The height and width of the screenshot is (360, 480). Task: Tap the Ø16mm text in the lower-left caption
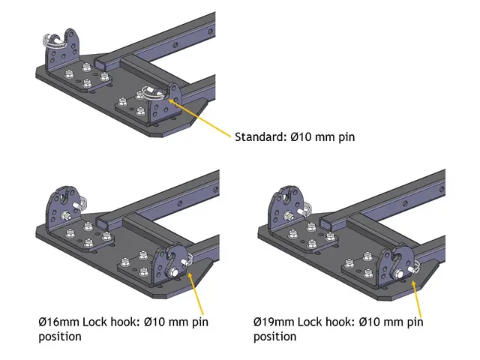[59, 322]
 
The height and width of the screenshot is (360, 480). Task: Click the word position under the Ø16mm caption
[59, 336]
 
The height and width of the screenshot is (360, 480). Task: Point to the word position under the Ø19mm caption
[275, 336]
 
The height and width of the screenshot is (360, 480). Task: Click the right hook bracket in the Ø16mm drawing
[167, 262]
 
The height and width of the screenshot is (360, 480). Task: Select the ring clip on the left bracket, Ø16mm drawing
[80, 202]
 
